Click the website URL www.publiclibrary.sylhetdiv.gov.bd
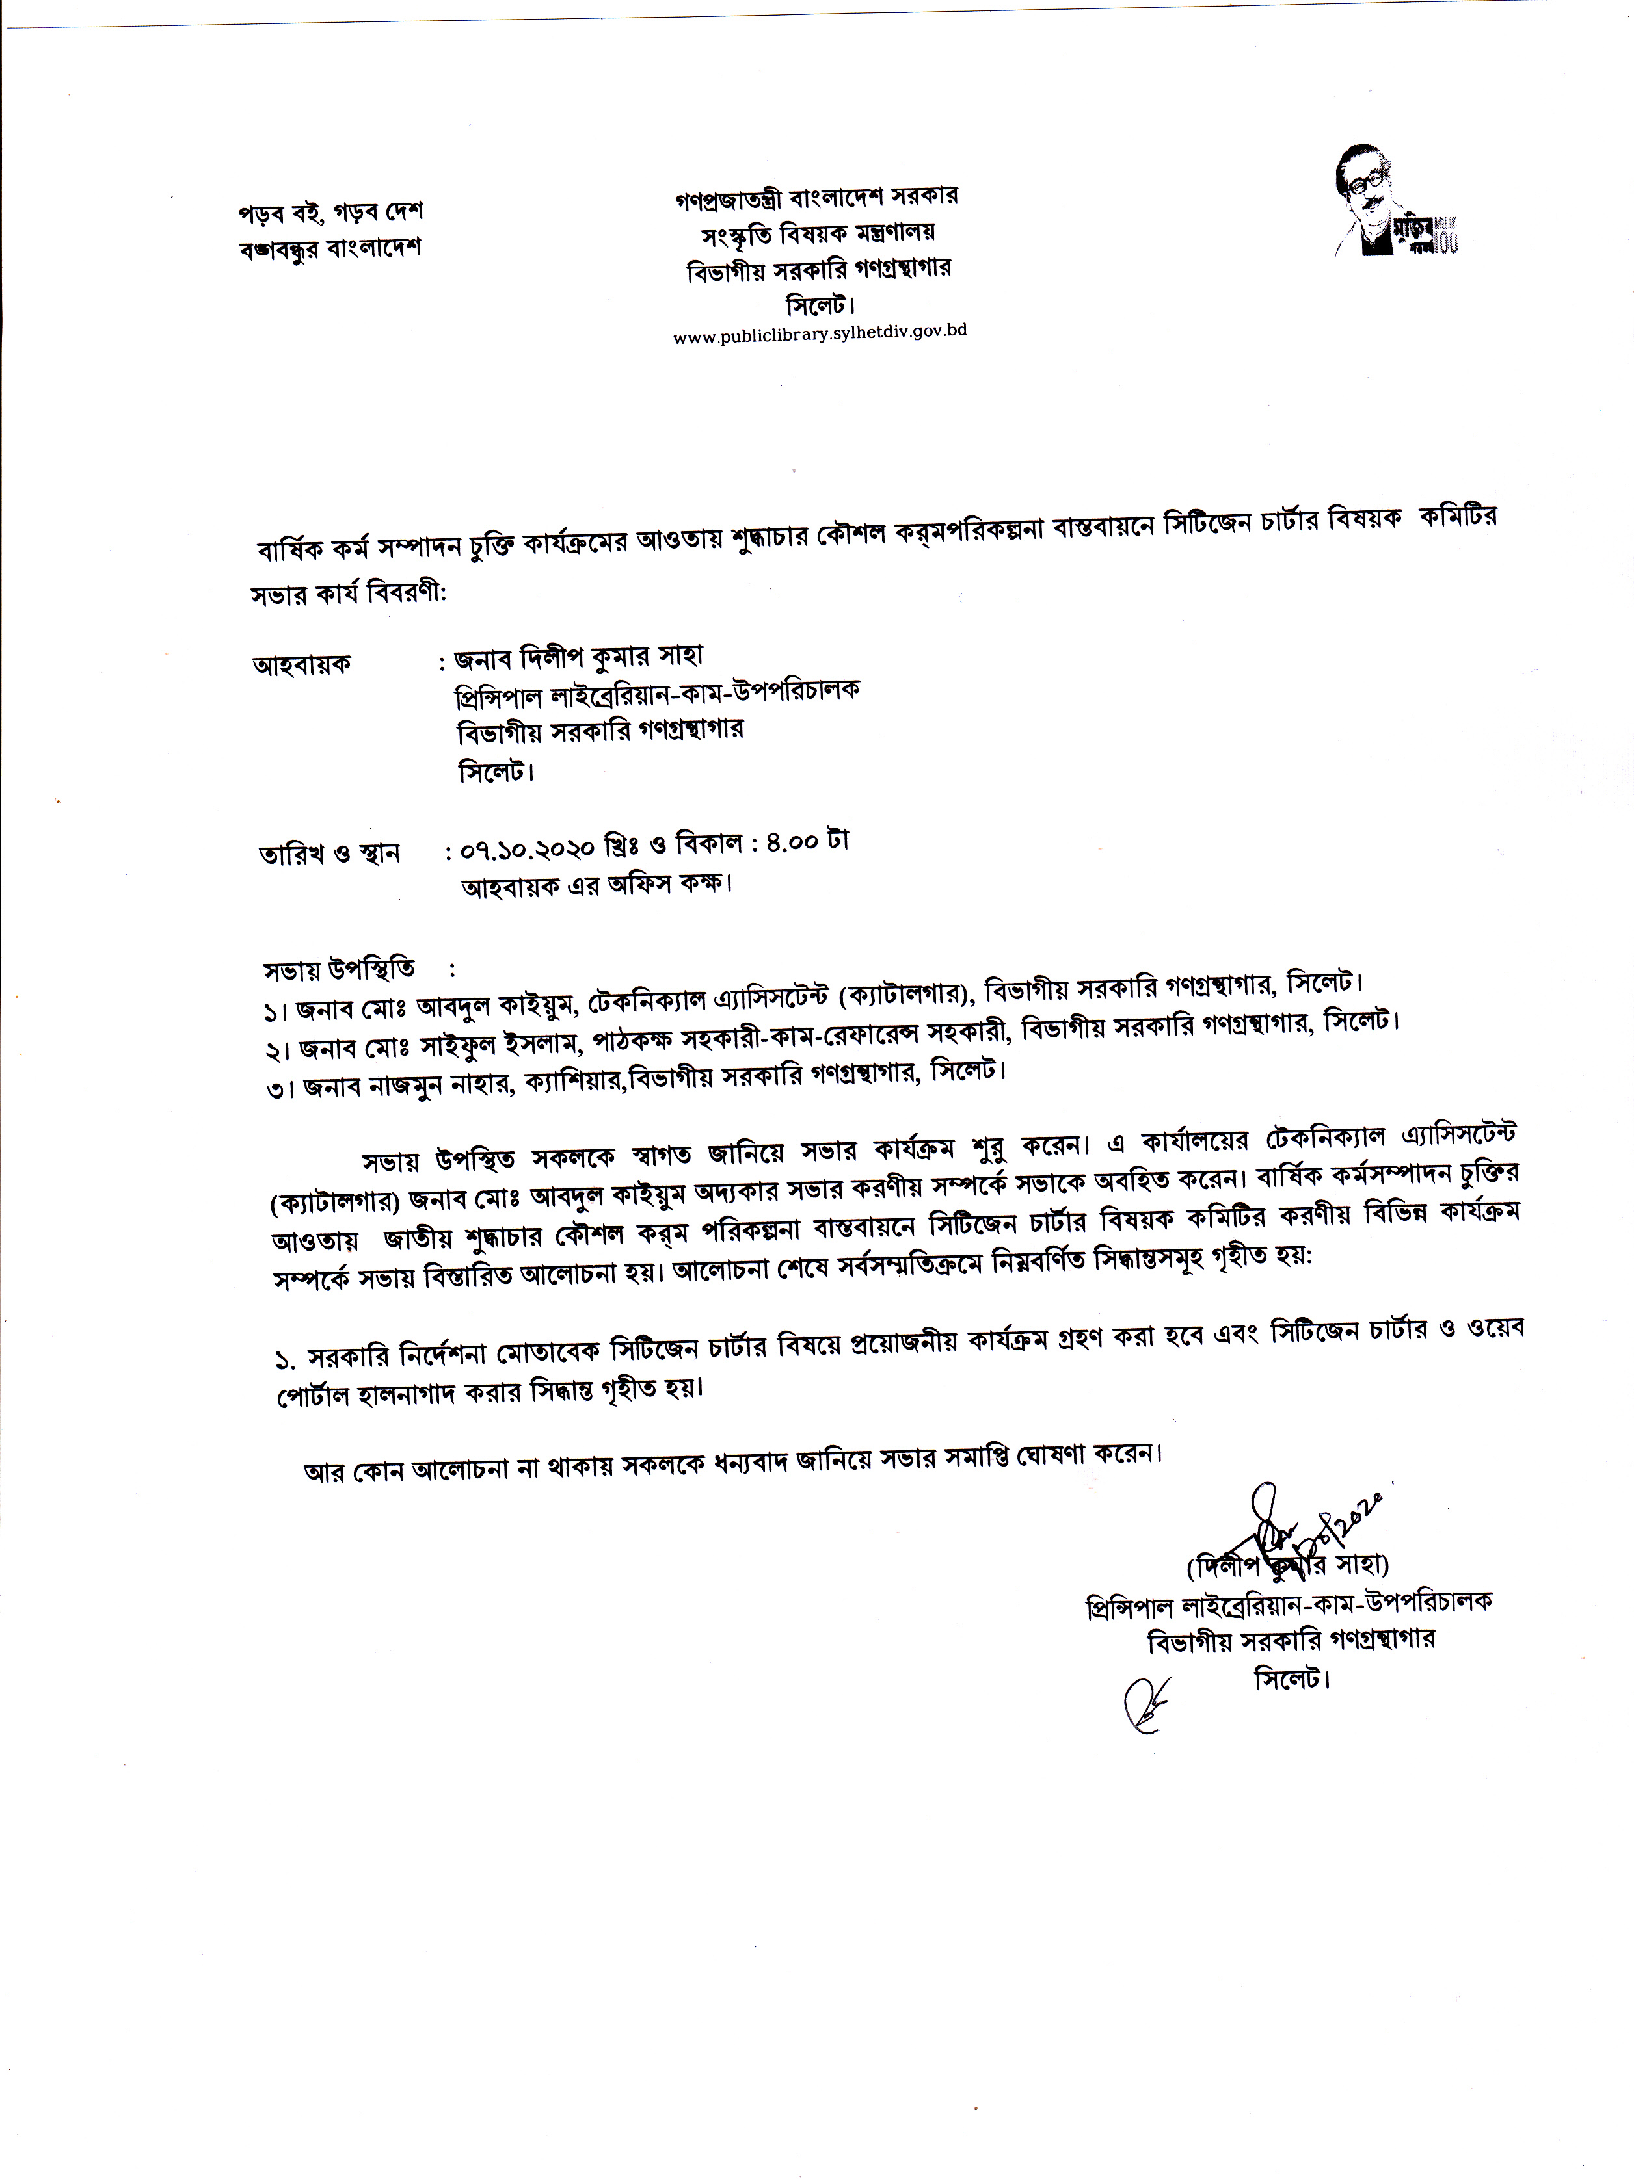click(819, 333)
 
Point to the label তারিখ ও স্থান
click(328, 853)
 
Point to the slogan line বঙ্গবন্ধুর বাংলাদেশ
click(329, 246)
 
